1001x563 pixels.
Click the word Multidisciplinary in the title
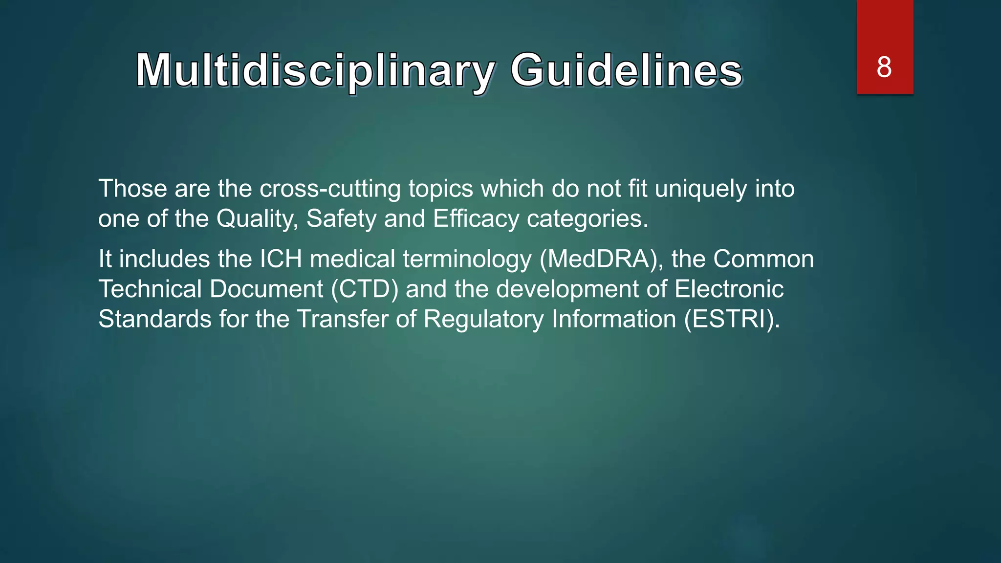[x=315, y=71]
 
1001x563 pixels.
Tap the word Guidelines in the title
[x=626, y=71]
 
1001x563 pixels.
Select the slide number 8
[x=884, y=67]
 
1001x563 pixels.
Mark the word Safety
[x=341, y=219]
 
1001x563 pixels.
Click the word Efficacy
[x=476, y=219]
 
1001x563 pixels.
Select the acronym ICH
[x=281, y=259]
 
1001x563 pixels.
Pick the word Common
[x=763, y=259]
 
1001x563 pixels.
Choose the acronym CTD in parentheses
[x=365, y=289]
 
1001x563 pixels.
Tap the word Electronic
[x=729, y=289]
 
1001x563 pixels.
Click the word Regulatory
[x=483, y=320]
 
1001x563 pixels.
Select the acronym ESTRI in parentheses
[x=732, y=320]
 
